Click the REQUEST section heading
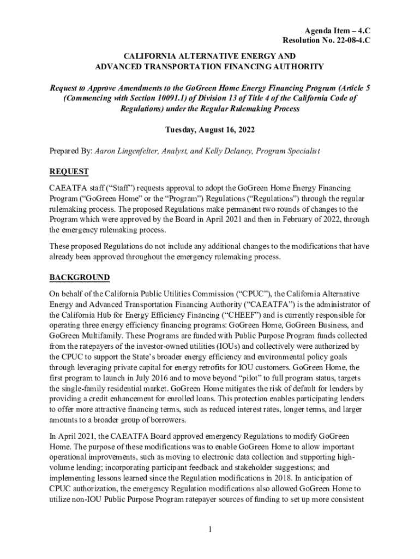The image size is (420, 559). pyautogui.click(x=69, y=171)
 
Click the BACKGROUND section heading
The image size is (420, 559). pyautogui.click(x=80, y=277)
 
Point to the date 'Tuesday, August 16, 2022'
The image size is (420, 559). pyautogui.click(x=209, y=130)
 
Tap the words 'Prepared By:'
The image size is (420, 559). pyautogui.click(x=71, y=151)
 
